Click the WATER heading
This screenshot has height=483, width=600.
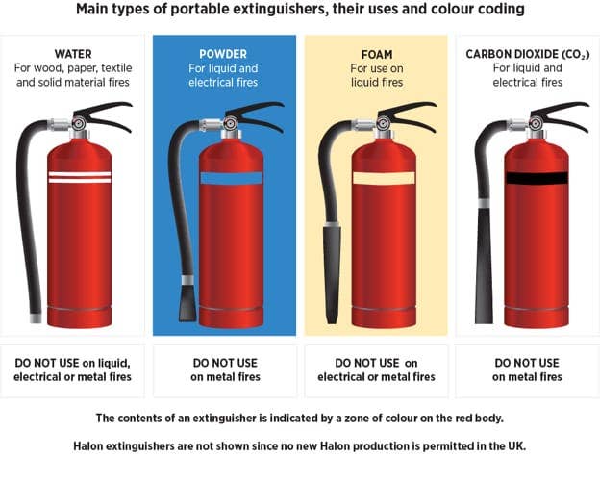pyautogui.click(x=74, y=54)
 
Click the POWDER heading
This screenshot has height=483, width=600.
pyautogui.click(x=224, y=54)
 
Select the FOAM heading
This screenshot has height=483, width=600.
pyautogui.click(x=376, y=54)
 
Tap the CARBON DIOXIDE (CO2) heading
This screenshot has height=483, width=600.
pyautogui.click(x=527, y=54)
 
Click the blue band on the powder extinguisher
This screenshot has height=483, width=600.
pyautogui.click(x=231, y=178)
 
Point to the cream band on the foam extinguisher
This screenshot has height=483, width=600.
pyautogui.click(x=384, y=178)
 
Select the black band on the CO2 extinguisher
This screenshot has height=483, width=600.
pyautogui.click(x=537, y=178)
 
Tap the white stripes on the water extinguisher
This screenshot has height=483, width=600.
pyautogui.click(x=80, y=177)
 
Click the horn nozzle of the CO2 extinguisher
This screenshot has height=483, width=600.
pyautogui.click(x=484, y=265)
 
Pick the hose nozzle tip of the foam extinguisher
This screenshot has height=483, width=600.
pyautogui.click(x=332, y=274)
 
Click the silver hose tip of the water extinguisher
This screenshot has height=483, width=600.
pyautogui.click(x=36, y=317)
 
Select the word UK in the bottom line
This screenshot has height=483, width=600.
pyautogui.click(x=515, y=446)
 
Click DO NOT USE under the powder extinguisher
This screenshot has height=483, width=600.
pyautogui.click(x=224, y=363)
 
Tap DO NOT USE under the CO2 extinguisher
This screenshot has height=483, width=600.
pyautogui.click(x=527, y=363)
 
